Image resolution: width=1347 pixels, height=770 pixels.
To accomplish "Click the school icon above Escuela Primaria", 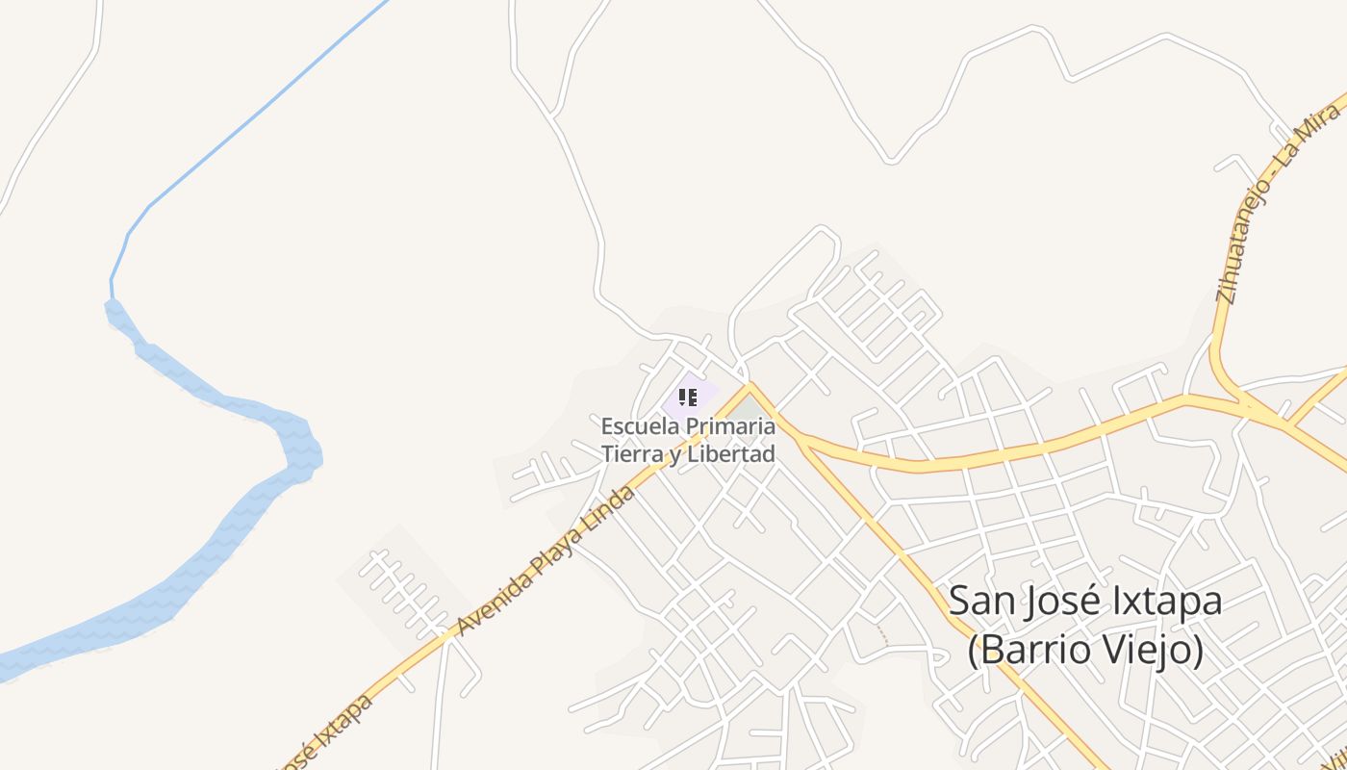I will click(687, 397).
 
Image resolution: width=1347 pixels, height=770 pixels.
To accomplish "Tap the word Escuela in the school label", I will click(637, 425).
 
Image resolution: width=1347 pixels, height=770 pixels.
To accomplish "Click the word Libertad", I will click(735, 453).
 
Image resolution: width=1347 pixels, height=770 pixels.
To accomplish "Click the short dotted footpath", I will click(879, 633).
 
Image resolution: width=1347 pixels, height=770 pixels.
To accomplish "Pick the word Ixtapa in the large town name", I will click(1165, 602).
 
